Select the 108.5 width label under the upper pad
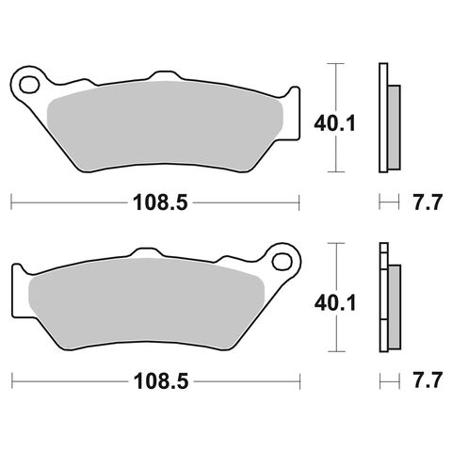tap(154, 202)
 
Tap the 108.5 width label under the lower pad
tap(154, 381)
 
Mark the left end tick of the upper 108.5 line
tap(10, 202)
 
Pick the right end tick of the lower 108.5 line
tap(299, 381)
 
